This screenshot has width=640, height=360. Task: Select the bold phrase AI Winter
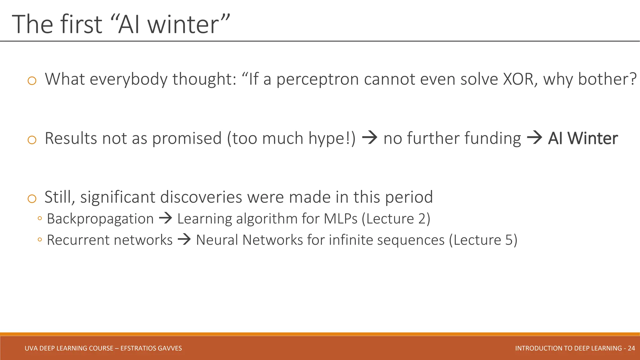583,138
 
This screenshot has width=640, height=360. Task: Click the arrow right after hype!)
370,138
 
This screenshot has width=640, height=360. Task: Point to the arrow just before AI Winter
534,138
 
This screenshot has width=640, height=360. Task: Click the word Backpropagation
100,219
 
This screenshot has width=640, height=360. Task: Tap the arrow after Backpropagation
166,218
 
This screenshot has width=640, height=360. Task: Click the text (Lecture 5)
483,240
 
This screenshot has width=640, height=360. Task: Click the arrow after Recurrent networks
184,240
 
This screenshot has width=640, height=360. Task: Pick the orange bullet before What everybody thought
32,81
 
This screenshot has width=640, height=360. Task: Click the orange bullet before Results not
32,140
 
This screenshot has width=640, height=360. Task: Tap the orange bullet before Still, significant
32,199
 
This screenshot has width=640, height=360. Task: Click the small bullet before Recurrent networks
39,240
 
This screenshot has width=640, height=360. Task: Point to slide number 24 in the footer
631,348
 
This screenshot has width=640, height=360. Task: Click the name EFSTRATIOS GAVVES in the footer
151,348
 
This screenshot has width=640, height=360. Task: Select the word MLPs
340,219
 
